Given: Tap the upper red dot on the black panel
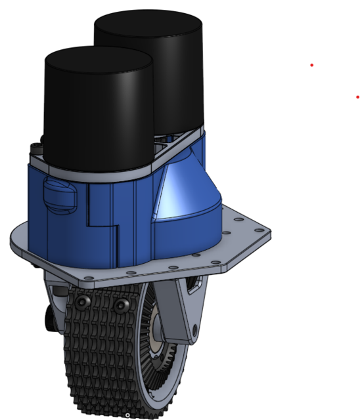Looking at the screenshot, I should pyautogui.click(x=311, y=65).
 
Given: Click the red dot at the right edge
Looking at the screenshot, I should pyautogui.click(x=357, y=96).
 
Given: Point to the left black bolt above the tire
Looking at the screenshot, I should pyautogui.click(x=82, y=303).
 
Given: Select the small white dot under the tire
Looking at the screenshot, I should pyautogui.click(x=127, y=415).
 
